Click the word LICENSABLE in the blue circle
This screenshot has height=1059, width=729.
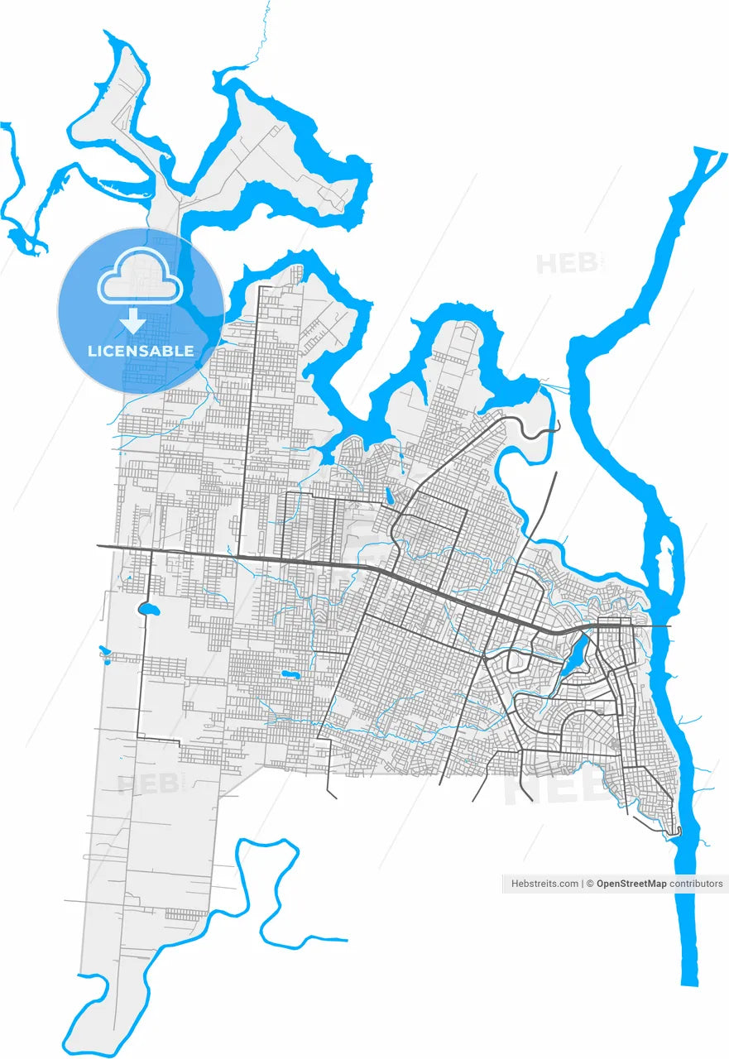[141, 351]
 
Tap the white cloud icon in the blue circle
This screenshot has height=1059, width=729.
[141, 278]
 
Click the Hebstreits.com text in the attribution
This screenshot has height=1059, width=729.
[545, 884]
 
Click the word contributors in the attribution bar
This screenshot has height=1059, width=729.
[696, 884]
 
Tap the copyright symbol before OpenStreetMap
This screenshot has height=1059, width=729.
[590, 884]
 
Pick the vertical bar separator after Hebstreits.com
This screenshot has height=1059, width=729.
[583, 884]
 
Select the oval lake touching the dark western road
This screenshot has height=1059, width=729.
[150, 610]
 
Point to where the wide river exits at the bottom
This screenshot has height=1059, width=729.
[689, 980]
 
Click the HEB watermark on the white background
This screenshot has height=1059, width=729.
[567, 263]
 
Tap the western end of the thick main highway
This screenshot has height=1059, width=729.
[99, 546]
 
